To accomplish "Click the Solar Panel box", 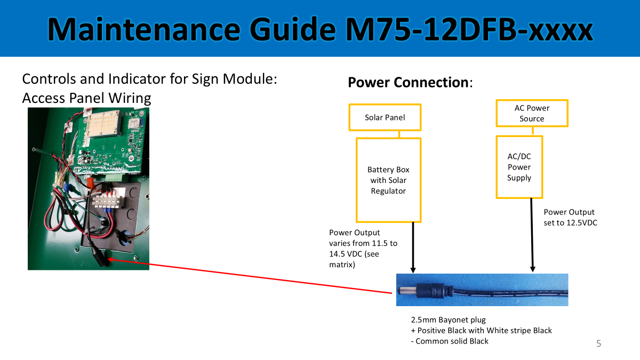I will click(385, 117).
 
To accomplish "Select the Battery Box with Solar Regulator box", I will click(388, 180).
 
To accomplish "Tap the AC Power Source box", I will click(532, 113).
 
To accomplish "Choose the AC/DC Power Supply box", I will click(519, 167).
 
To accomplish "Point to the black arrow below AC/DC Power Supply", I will click(532, 235).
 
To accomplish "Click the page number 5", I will click(598, 343).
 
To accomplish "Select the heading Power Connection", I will click(408, 83).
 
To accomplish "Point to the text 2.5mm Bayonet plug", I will click(448, 320).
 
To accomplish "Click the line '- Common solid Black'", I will click(449, 341).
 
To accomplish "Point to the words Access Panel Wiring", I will click(86, 98).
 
